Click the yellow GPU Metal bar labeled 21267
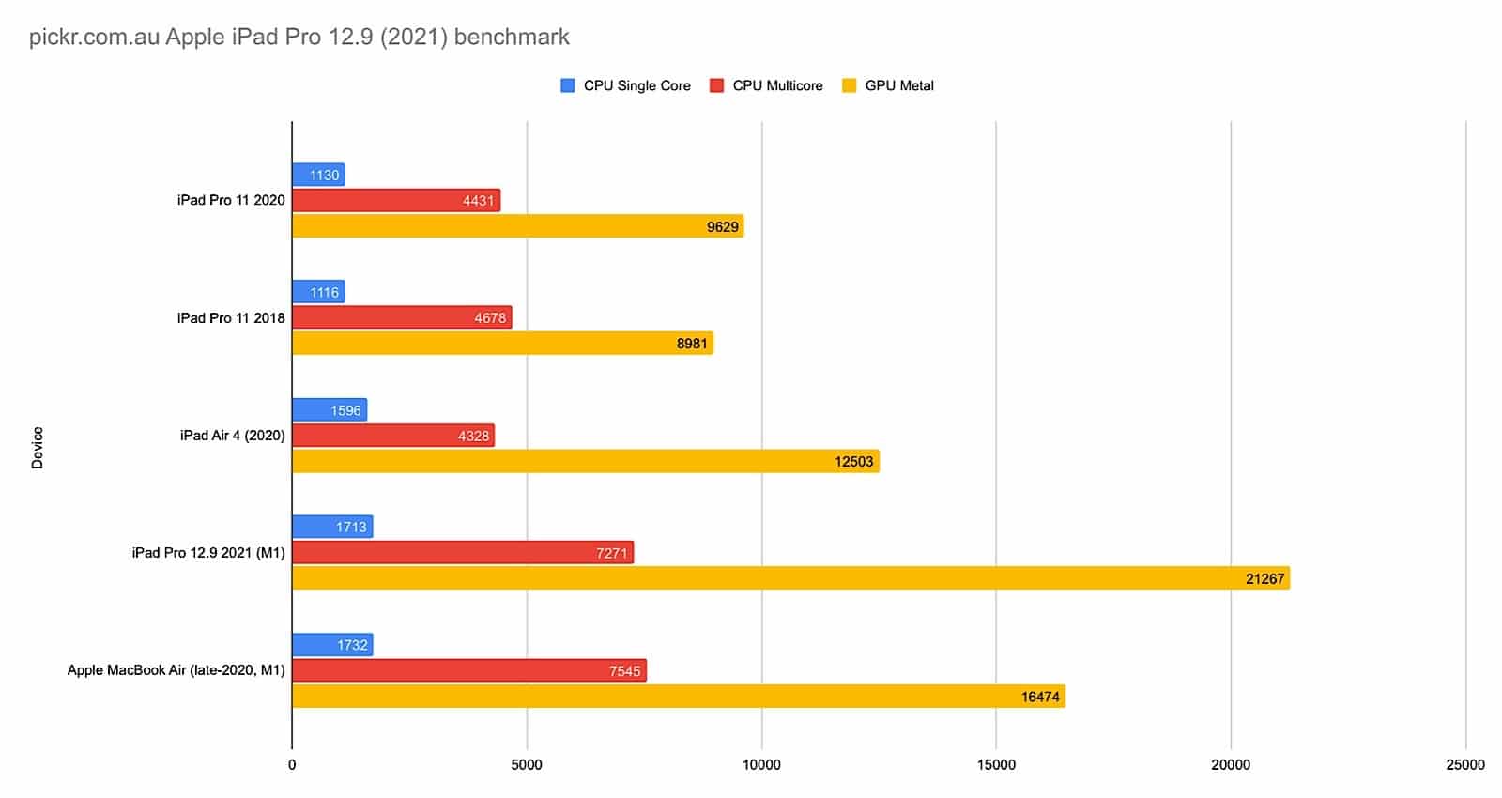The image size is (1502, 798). pyautogui.click(x=790, y=578)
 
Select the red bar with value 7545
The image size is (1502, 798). pyautogui.click(x=469, y=670)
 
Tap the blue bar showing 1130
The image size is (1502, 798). pyautogui.click(x=318, y=175)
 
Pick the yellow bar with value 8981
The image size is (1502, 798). pyautogui.click(x=502, y=343)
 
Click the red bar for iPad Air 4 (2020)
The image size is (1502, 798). pyautogui.click(x=393, y=436)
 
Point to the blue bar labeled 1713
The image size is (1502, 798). pyautogui.click(x=332, y=527)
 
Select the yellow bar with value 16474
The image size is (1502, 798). pyautogui.click(x=678, y=696)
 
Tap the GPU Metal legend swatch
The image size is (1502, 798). pyautogui.click(x=850, y=85)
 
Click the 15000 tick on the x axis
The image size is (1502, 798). pyautogui.click(x=996, y=764)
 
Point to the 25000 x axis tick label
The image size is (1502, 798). pyautogui.click(x=1465, y=764)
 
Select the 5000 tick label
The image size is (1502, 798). pyautogui.click(x=527, y=764)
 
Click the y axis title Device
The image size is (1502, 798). pyautogui.click(x=38, y=447)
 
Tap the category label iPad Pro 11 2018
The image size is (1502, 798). pyautogui.click(x=231, y=318)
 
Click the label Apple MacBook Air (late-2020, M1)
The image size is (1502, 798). pyautogui.click(x=176, y=670)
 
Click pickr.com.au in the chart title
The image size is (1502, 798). pyautogui.click(x=94, y=38)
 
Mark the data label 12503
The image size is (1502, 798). pyautogui.click(x=853, y=462)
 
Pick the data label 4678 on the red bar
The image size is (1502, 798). pyautogui.click(x=489, y=318)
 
